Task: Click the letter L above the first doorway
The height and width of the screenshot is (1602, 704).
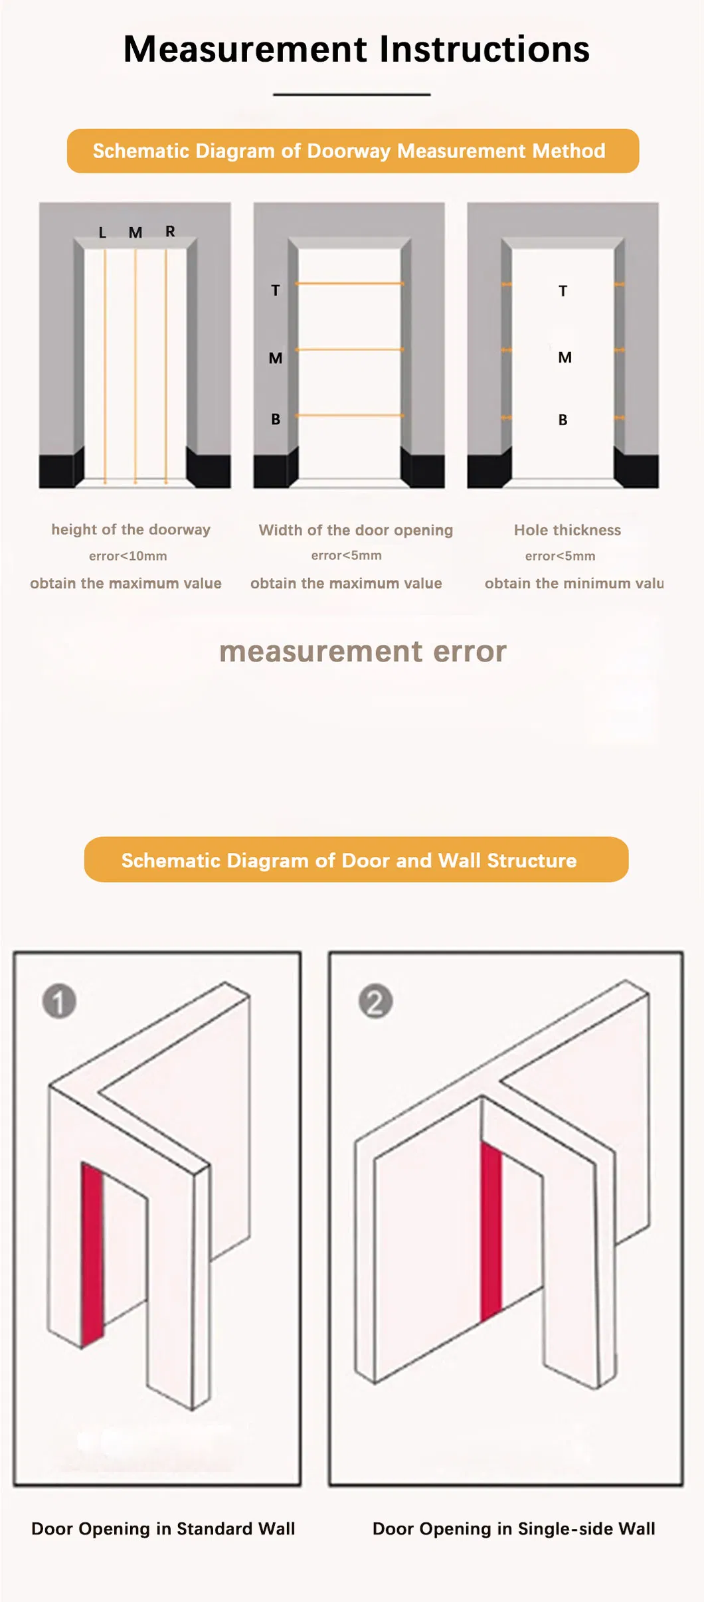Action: click(102, 233)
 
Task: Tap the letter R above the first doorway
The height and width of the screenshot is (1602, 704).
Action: click(170, 231)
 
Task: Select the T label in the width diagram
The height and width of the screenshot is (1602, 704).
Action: click(276, 290)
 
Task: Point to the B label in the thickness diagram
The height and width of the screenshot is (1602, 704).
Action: click(563, 420)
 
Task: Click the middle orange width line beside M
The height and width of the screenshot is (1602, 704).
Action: click(349, 349)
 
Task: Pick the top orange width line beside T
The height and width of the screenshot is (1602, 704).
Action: click(349, 284)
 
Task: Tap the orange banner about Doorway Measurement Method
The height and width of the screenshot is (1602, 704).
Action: click(353, 151)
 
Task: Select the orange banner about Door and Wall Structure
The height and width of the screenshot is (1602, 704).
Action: click(356, 860)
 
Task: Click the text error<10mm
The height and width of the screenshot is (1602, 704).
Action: click(128, 556)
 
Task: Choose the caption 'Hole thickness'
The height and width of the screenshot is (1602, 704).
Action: click(567, 530)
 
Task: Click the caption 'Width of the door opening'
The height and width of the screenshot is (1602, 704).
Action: click(355, 530)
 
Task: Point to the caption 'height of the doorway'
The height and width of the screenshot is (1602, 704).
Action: click(131, 529)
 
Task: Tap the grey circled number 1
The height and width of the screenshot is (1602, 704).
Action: click(59, 1002)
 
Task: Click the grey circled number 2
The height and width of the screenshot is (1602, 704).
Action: click(375, 1002)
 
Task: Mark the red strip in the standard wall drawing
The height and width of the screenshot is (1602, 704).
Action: click(92, 1255)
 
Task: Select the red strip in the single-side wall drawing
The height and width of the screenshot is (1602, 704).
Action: click(491, 1232)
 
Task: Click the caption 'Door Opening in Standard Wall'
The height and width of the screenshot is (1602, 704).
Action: click(163, 1529)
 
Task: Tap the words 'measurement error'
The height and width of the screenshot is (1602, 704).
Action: click(363, 652)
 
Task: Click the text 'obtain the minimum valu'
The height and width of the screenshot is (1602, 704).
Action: click(574, 583)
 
